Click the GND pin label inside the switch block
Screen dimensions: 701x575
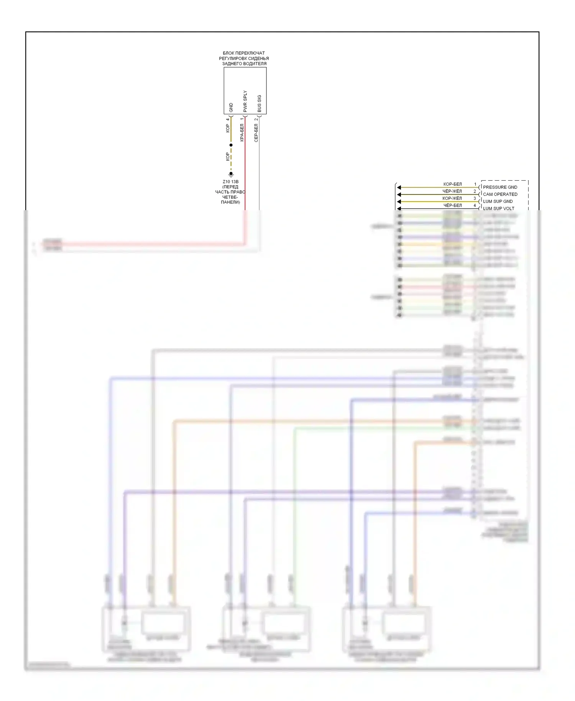[x=231, y=107]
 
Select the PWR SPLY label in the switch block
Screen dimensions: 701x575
[x=245, y=102]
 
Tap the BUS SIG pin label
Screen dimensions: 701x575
[x=260, y=104]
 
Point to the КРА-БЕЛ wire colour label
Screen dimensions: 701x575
[x=242, y=133]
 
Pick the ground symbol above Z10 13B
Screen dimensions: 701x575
[x=231, y=174]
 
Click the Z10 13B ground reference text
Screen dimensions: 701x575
[x=230, y=182]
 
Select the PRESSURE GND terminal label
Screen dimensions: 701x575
[x=500, y=187]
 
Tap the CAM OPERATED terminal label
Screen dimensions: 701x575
[x=500, y=194]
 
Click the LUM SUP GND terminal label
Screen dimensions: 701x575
[x=498, y=201]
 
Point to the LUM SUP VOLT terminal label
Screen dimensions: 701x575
[x=498, y=209]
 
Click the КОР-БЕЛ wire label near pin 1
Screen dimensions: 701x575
[x=452, y=184]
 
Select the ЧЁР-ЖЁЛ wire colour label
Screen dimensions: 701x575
[x=452, y=191]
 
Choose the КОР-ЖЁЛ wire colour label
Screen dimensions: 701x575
[x=452, y=199]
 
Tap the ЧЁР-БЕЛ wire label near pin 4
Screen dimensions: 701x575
[x=452, y=206]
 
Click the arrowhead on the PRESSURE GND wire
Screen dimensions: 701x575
[x=399, y=188]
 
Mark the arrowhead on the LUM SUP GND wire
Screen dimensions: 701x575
[x=399, y=202]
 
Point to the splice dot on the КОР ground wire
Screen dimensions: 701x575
[x=231, y=145]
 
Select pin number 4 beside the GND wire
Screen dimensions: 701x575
[x=228, y=119]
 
